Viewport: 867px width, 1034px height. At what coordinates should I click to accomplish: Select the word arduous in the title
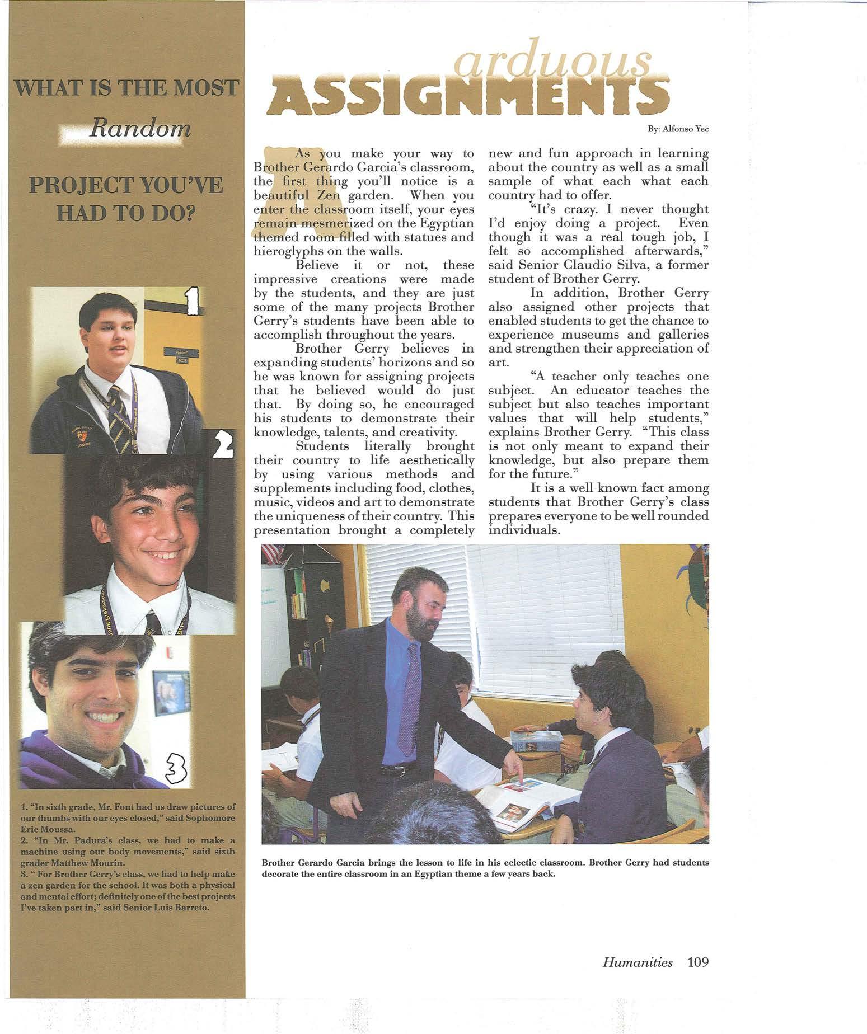[x=555, y=62]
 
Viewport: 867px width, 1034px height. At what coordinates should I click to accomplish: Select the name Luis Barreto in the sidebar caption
[x=177, y=908]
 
